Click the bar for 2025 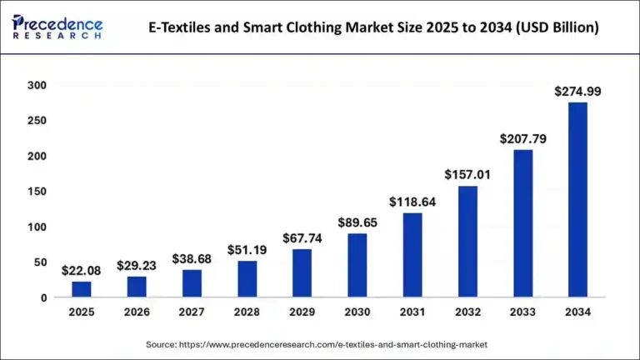coord(82,289)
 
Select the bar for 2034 coord(577,199)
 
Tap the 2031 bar coord(412,255)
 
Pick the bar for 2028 coord(247,278)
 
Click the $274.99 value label coord(577,92)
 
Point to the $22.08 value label coord(82,271)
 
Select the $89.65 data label coord(357,222)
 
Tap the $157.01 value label coord(467,175)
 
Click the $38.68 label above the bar coord(192,259)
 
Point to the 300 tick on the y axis coord(37,85)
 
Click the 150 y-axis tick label coord(37,192)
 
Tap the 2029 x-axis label coord(302,312)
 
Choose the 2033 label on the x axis coord(522,312)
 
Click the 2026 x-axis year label coord(137,312)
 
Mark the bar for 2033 coord(522,223)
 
